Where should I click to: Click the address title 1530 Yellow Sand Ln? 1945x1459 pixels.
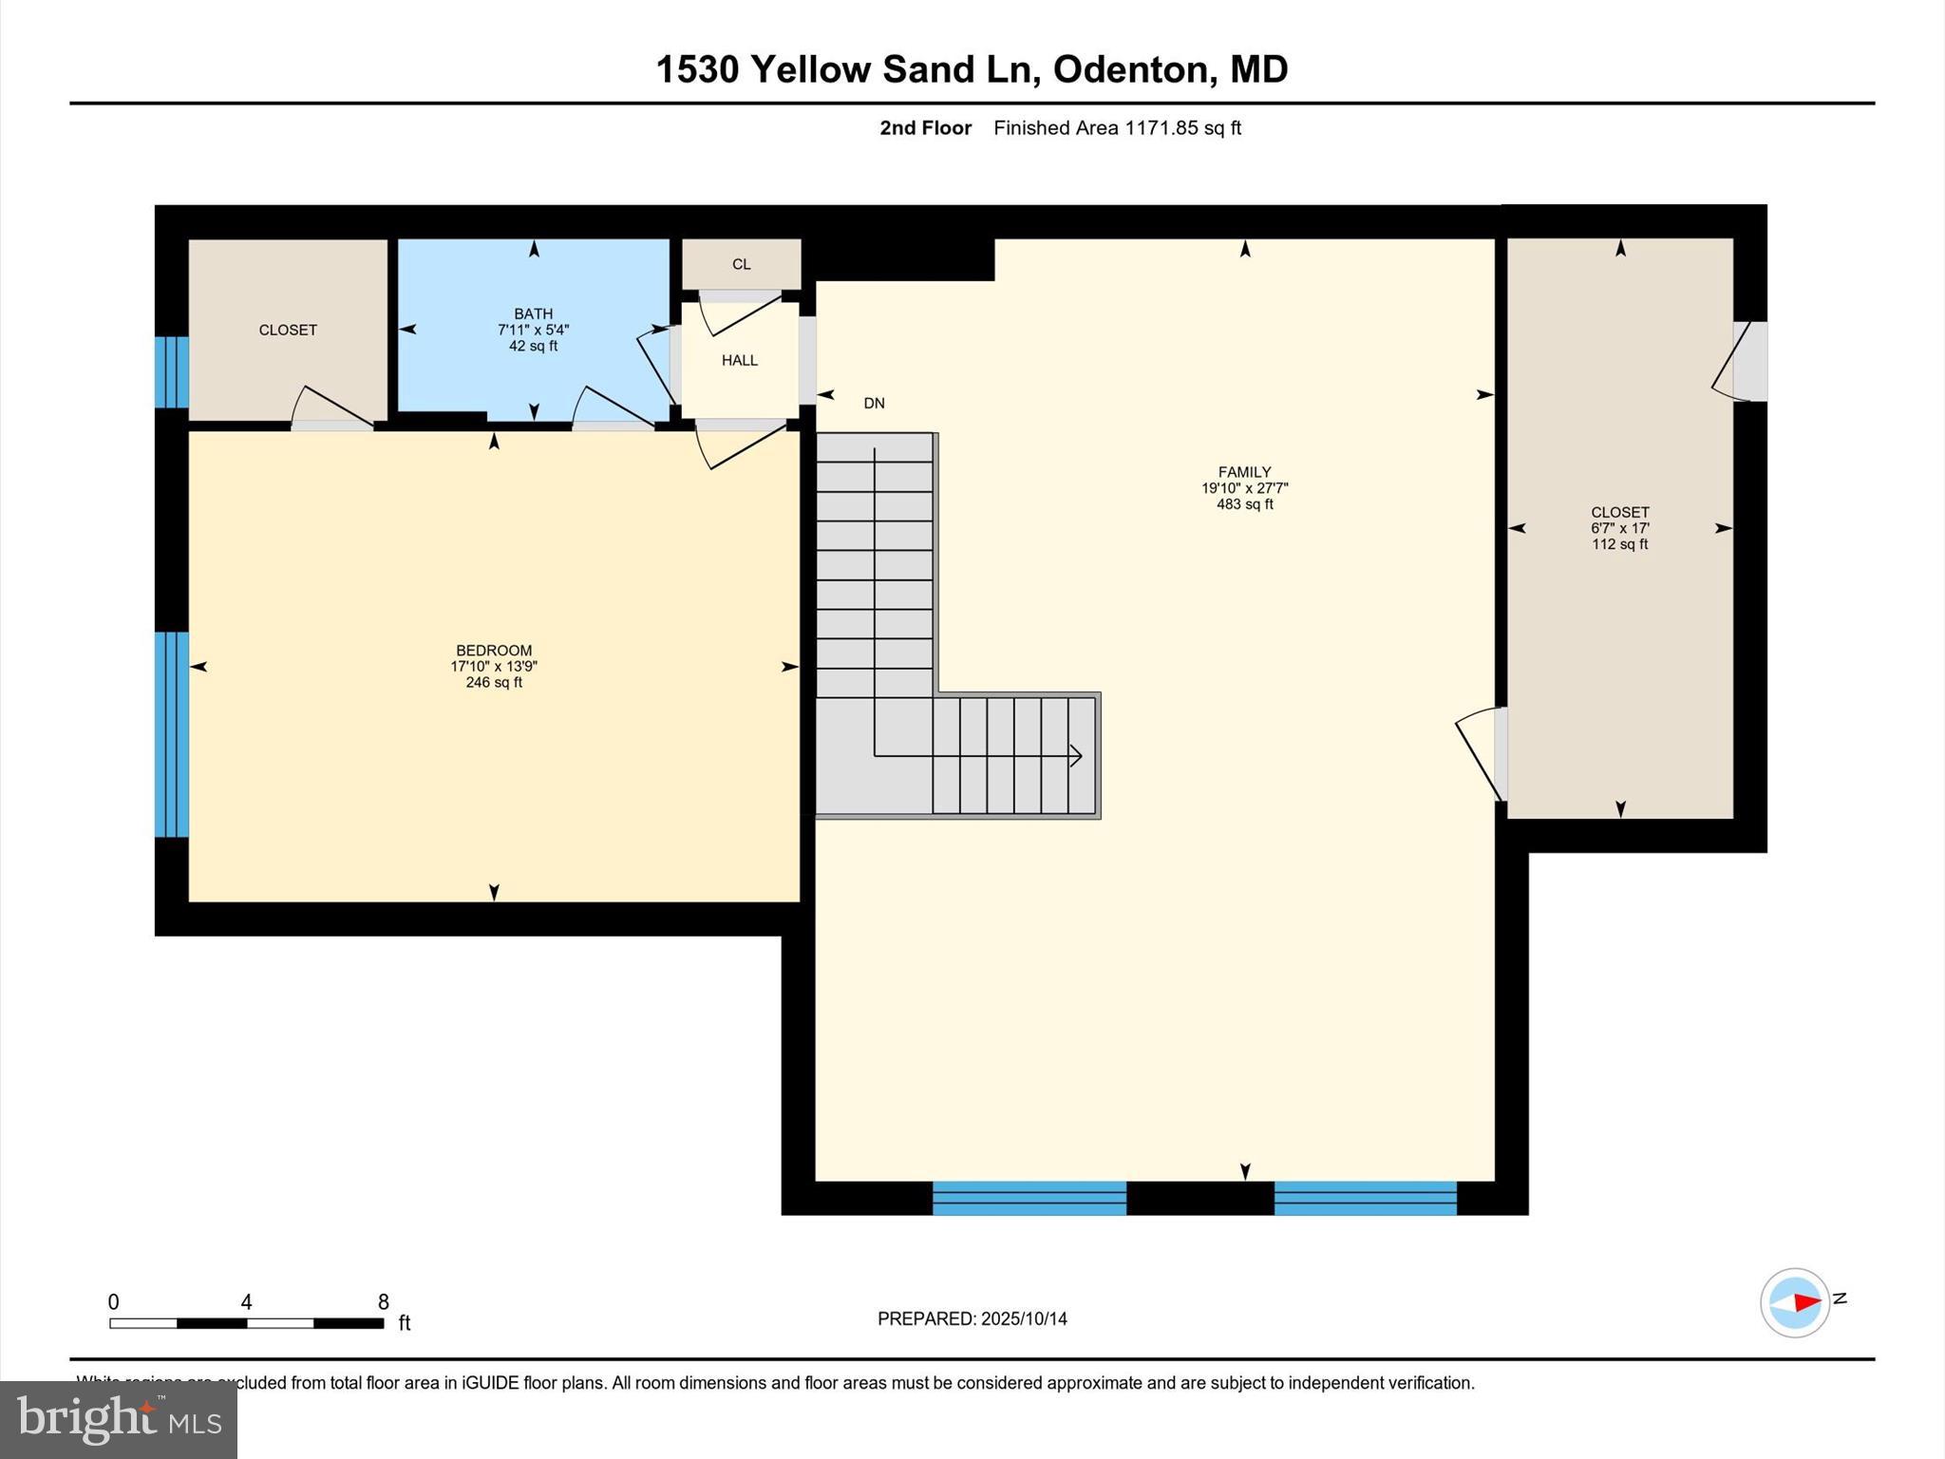click(971, 69)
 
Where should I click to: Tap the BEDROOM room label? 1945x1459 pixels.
click(494, 651)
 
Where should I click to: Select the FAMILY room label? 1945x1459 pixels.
click(1244, 472)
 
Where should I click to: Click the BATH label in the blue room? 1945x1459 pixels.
click(533, 313)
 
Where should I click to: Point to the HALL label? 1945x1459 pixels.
click(739, 360)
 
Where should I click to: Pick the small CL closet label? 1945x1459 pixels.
click(741, 264)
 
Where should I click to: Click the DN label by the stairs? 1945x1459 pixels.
click(874, 403)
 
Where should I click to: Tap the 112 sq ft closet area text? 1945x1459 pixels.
click(1619, 544)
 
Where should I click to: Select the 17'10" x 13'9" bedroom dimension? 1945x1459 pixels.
click(494, 667)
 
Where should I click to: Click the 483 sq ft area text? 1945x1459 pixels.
click(1244, 504)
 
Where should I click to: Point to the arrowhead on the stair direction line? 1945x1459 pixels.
click(1076, 756)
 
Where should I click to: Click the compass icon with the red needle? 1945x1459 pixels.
click(1794, 1302)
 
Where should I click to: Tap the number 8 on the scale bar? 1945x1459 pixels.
click(383, 1301)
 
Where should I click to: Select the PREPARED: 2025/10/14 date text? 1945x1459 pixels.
click(972, 1318)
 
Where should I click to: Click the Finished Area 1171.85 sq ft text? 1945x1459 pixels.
click(1117, 128)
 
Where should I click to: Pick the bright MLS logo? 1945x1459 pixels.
click(119, 1419)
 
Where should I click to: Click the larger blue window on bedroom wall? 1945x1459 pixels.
click(172, 734)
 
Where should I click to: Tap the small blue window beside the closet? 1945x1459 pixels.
click(172, 371)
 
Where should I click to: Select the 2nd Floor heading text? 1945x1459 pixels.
click(925, 128)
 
